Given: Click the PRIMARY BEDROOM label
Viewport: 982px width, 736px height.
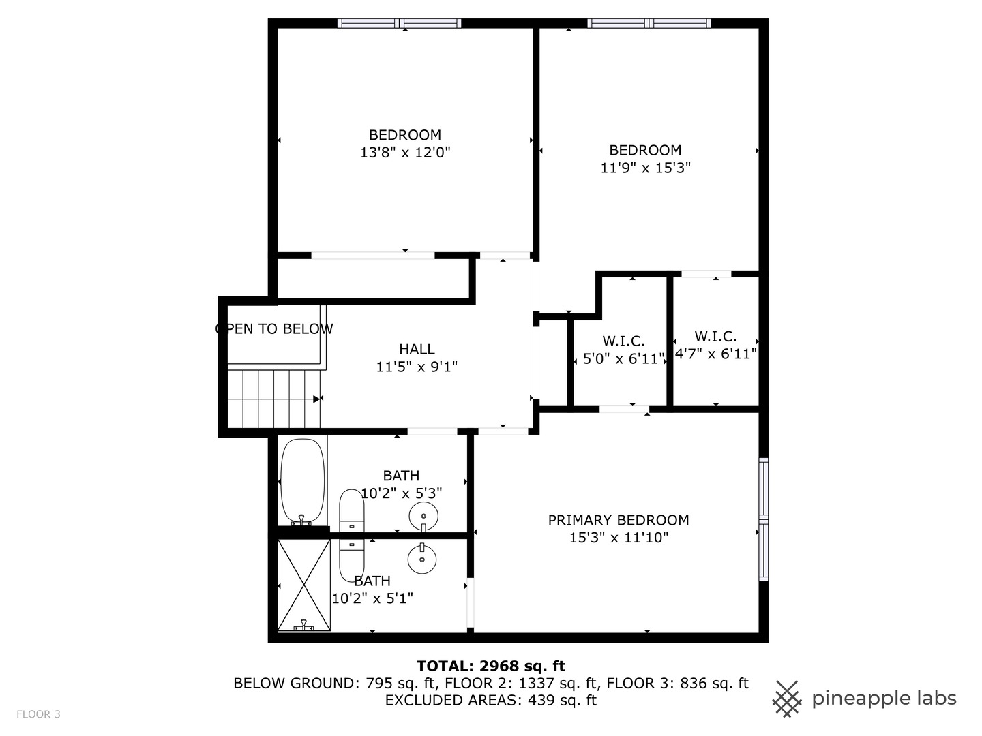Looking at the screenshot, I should [x=619, y=520].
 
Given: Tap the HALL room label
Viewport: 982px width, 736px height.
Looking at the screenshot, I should [x=417, y=349].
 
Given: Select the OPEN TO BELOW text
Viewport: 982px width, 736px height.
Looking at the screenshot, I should [x=274, y=329].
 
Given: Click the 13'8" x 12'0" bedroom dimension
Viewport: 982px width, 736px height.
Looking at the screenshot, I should [x=405, y=153].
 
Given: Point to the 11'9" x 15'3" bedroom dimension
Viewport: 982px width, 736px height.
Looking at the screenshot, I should [x=645, y=168].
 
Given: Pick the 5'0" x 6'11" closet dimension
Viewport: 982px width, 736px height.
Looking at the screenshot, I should [x=623, y=358].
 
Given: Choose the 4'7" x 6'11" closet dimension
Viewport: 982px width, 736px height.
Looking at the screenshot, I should [x=715, y=354].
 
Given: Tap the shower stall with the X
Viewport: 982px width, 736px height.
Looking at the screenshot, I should [x=303, y=585].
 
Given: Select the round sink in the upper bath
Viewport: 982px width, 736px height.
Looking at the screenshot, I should [x=423, y=516].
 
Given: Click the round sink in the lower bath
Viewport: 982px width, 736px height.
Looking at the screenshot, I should [x=422, y=559].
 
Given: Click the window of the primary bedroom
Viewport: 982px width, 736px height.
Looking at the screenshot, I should [x=764, y=520].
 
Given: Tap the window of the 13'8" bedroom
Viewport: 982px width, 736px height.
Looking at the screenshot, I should [x=400, y=24].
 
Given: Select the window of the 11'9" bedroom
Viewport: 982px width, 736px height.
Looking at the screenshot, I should [x=649, y=24].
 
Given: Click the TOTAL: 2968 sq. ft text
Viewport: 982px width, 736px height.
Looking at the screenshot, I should [x=490, y=666].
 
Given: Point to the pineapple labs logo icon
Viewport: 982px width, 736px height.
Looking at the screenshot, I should [x=787, y=699].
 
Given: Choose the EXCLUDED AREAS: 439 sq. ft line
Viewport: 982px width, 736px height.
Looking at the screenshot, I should [x=490, y=700].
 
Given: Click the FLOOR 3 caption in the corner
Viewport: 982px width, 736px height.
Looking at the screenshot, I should [x=39, y=714].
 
